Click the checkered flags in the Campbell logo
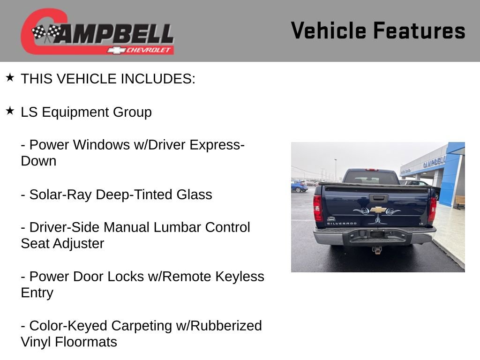click(x=46, y=33)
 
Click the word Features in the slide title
click(x=419, y=31)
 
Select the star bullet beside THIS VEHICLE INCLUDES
click(x=10, y=77)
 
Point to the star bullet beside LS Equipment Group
click(x=10, y=111)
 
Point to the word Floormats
click(x=86, y=342)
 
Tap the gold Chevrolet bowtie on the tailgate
click(x=378, y=210)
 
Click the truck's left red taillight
click(x=318, y=208)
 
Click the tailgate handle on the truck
click(x=378, y=198)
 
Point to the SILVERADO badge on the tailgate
click(x=341, y=224)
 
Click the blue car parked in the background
click(x=299, y=187)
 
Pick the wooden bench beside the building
click(x=459, y=202)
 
